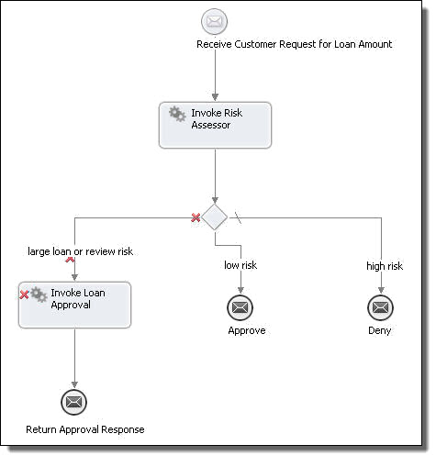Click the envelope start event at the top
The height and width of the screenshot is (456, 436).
click(x=214, y=21)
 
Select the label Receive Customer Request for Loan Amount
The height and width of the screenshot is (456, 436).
click(x=294, y=44)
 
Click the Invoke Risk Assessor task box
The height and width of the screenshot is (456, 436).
click(x=215, y=125)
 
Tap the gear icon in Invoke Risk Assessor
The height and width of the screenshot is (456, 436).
click(x=177, y=114)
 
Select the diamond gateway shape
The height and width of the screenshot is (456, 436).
click(x=215, y=217)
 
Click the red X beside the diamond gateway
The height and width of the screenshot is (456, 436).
click(x=196, y=217)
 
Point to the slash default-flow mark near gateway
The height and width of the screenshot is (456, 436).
click(x=238, y=217)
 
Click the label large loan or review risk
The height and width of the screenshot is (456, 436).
click(x=80, y=251)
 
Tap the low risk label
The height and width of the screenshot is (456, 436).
click(x=240, y=265)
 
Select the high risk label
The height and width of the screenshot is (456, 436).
click(x=385, y=266)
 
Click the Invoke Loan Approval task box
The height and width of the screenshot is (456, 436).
click(x=74, y=305)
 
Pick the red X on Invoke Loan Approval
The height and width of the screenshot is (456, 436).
click(x=24, y=295)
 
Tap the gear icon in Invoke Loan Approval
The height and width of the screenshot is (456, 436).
click(x=39, y=295)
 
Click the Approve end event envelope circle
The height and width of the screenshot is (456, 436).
click(x=240, y=307)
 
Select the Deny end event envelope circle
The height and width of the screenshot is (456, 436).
click(x=380, y=307)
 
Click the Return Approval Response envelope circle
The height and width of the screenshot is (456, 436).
click(x=74, y=402)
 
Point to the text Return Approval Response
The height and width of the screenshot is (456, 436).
click(x=85, y=429)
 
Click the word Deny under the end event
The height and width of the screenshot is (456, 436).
click(x=380, y=330)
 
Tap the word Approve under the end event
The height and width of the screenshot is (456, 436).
click(x=247, y=330)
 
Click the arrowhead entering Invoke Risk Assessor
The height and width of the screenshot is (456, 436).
click(x=215, y=97)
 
